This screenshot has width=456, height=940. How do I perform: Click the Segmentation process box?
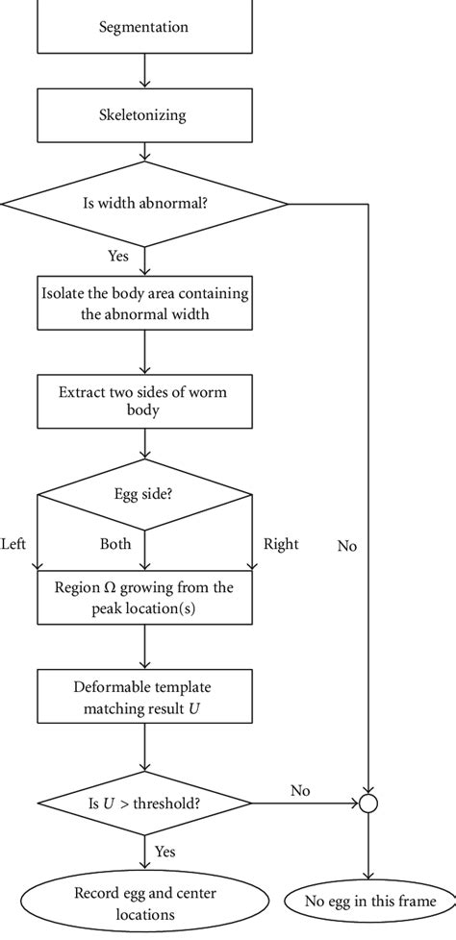tap(144, 28)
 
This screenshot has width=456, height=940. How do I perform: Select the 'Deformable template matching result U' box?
tap(144, 695)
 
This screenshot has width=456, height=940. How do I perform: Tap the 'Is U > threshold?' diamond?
tap(144, 801)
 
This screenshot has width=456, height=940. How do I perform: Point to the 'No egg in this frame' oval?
tap(369, 901)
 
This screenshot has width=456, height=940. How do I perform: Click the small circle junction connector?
tap(368, 801)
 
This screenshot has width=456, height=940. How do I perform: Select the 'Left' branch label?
tap(14, 544)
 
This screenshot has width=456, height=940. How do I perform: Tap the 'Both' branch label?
tap(115, 544)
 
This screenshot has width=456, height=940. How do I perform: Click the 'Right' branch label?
tap(281, 544)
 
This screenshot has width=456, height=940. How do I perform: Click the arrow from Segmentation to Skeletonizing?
tap(144, 71)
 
